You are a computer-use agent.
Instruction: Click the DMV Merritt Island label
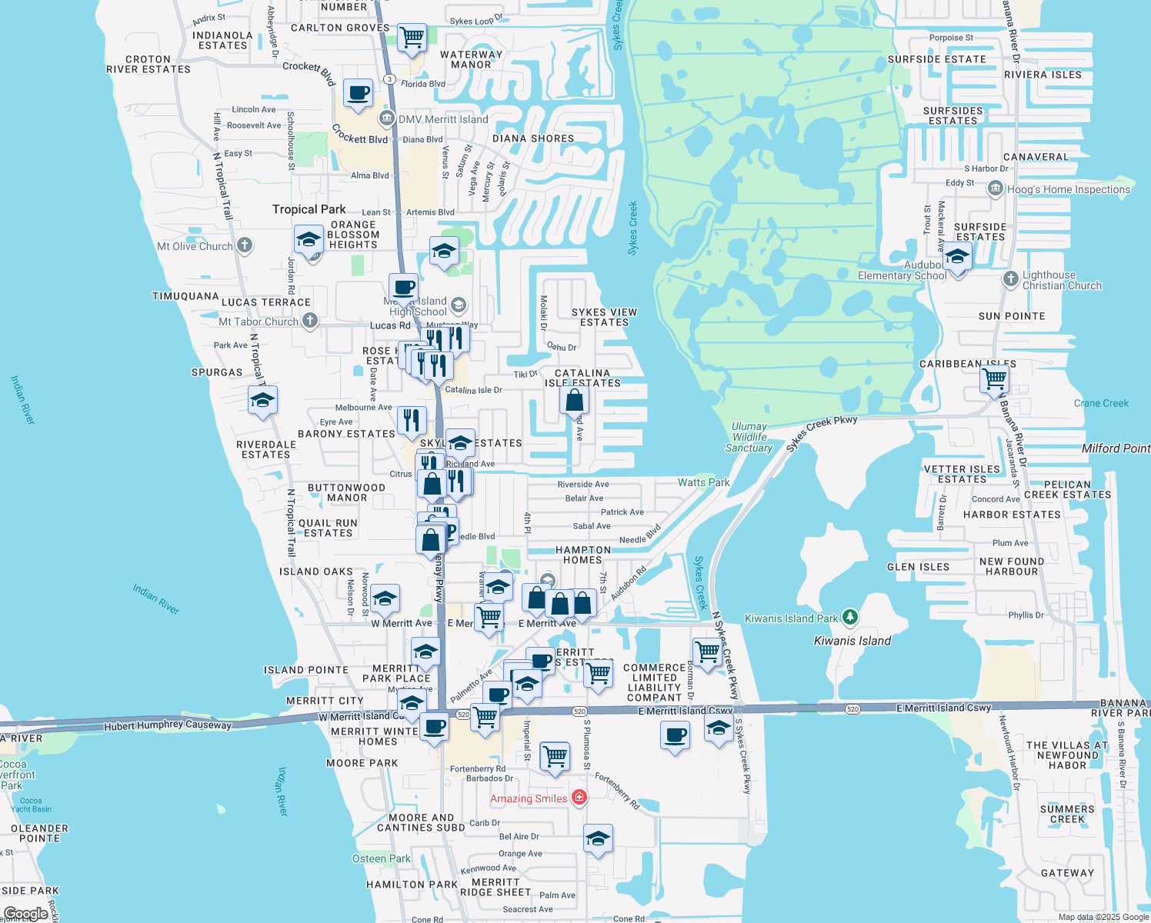(443, 119)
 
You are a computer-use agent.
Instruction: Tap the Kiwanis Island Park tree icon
(849, 617)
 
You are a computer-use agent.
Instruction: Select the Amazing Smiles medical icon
(579, 798)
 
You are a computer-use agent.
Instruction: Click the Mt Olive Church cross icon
(245, 246)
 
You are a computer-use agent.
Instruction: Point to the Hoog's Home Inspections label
(1069, 189)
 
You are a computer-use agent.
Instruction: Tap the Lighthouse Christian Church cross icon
(1011, 279)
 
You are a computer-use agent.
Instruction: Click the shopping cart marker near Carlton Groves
(412, 37)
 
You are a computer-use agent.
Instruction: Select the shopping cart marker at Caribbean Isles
(995, 379)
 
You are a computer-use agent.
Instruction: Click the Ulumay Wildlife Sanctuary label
(749, 437)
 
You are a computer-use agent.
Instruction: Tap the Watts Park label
(703, 482)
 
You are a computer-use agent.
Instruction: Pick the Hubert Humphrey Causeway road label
(167, 725)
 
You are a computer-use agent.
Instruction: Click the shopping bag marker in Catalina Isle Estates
(574, 401)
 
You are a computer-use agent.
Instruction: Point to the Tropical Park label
(309, 209)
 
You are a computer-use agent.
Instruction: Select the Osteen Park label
(382, 858)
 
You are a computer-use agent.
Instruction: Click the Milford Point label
(1115, 448)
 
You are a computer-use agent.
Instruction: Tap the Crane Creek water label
(1101, 403)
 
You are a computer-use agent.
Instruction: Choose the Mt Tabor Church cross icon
(310, 321)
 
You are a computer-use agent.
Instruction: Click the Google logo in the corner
(25, 914)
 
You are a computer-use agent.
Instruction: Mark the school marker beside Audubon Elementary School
(957, 257)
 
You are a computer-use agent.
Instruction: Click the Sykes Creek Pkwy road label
(821, 433)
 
